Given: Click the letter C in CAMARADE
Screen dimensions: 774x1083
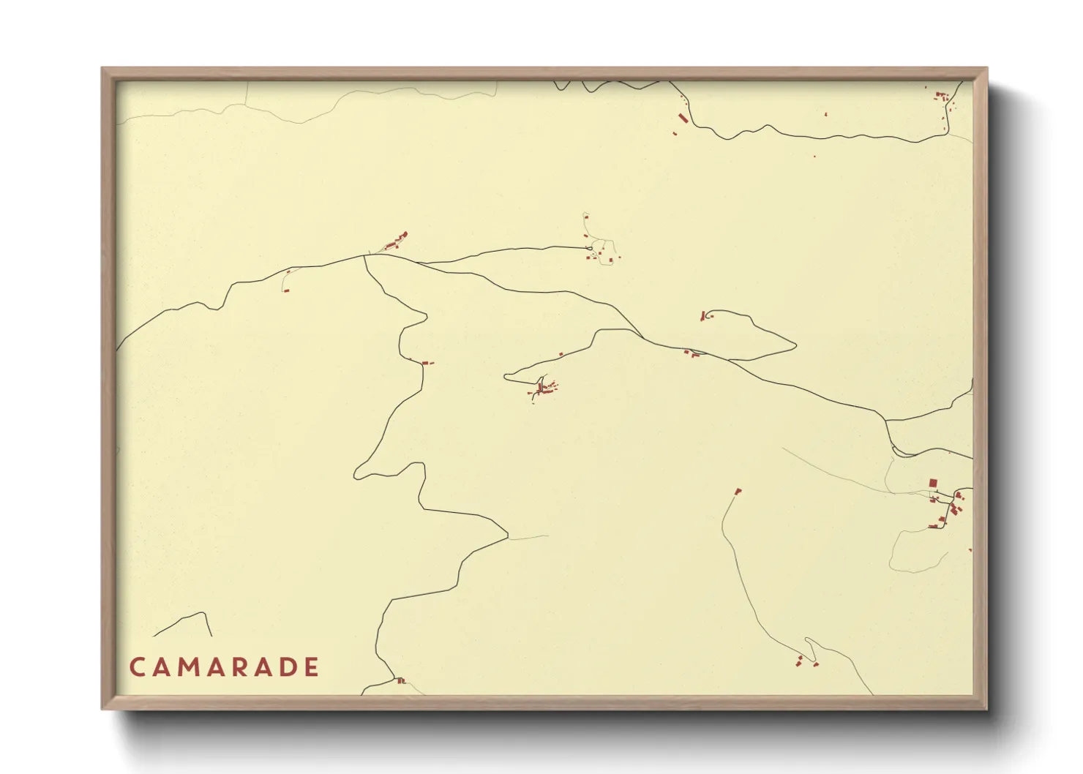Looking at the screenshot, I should coord(137,667).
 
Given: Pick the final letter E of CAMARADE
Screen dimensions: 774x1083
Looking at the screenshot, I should coord(312,667).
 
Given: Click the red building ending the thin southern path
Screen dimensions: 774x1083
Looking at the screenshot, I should coord(738,491).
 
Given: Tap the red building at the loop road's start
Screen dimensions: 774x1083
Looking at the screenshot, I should coord(704,316).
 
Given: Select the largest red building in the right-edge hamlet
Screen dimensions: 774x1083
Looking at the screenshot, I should coord(933,483).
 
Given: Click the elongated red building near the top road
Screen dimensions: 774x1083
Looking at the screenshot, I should coord(683,118).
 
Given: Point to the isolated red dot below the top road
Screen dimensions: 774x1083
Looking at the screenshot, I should coord(814,156).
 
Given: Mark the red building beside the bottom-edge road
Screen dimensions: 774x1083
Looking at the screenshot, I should coord(400,681).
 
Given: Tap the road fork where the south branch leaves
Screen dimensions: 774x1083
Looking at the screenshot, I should coord(364,255).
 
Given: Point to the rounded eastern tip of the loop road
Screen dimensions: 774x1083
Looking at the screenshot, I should coord(795,345).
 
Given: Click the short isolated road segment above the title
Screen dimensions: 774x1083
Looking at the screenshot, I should coord(183,623).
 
